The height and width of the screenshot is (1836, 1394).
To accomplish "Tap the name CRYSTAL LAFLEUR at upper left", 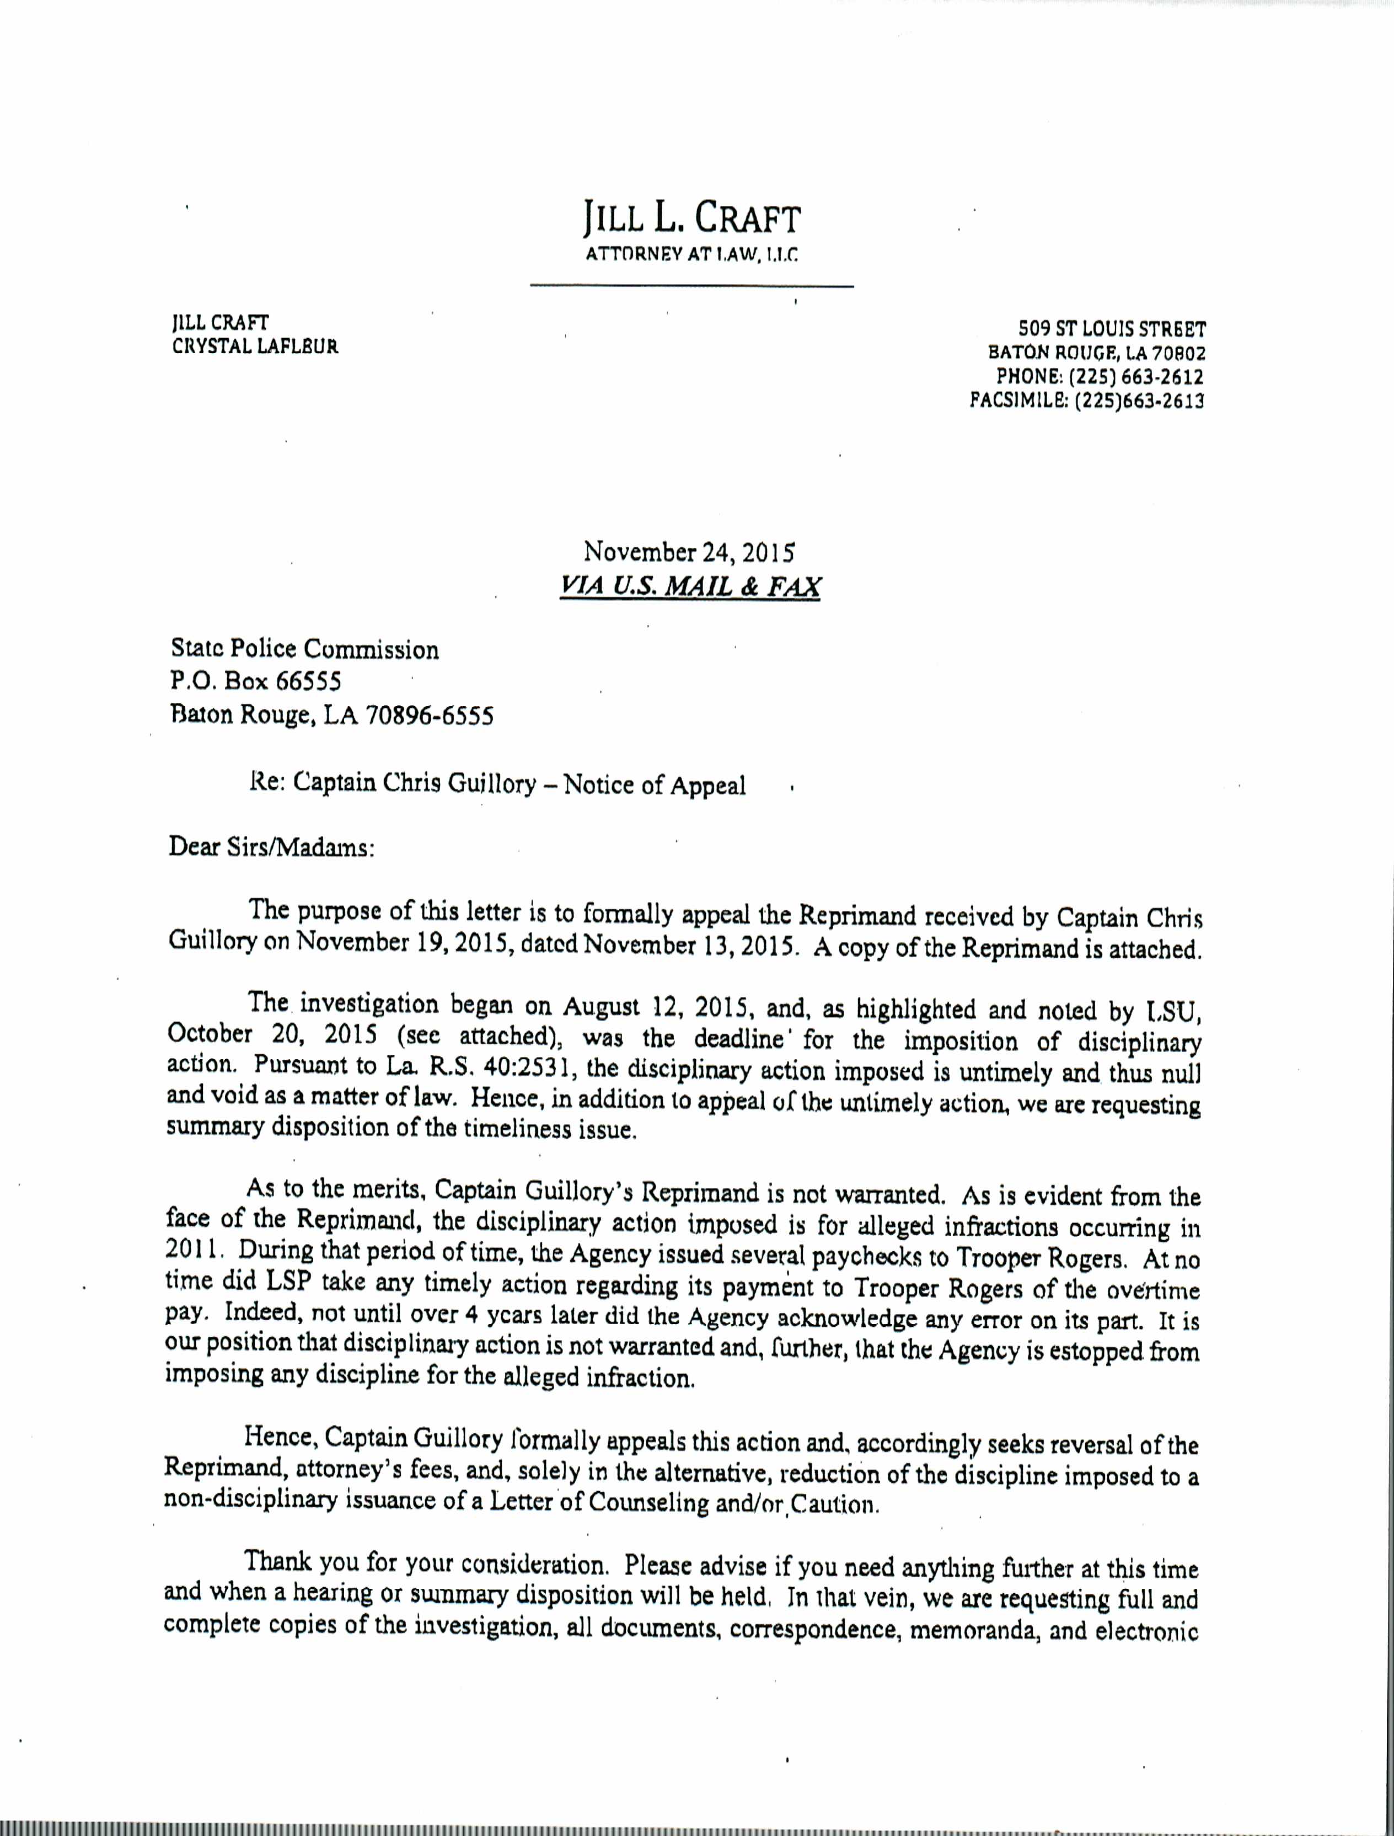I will click(255, 347).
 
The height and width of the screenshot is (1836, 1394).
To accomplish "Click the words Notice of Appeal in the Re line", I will click(655, 784).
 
